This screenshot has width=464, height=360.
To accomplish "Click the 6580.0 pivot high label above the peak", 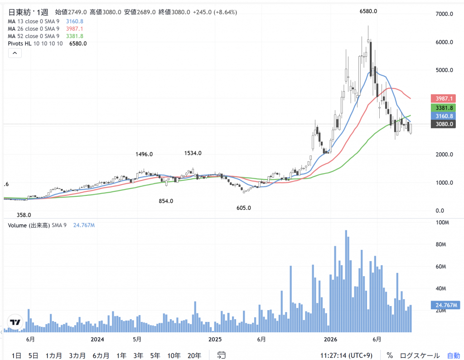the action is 368,11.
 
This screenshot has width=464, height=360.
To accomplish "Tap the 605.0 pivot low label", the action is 243,208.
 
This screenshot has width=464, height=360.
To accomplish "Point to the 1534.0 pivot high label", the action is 193,153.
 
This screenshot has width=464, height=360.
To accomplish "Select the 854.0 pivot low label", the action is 166,201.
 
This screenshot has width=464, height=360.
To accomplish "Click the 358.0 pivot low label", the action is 24,215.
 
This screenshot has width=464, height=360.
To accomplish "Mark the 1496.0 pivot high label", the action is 144,154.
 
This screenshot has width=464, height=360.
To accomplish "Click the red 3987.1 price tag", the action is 443,98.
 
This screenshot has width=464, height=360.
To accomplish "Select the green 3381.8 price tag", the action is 443,108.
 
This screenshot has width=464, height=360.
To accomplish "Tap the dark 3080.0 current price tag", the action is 443,124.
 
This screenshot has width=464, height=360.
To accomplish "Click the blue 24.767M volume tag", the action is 446,305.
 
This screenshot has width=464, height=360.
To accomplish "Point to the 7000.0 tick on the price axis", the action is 444,14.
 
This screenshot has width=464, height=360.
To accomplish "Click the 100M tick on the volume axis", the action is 442,222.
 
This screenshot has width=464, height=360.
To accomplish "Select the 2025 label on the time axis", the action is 215,339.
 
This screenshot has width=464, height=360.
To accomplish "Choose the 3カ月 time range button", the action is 77,355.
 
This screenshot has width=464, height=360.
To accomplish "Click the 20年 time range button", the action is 194,355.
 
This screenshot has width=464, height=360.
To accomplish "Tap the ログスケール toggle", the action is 420,355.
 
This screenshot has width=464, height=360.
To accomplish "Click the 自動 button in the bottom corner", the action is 453,355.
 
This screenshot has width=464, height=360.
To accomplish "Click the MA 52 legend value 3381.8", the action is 75,36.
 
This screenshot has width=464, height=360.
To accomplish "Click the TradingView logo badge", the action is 15,322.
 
